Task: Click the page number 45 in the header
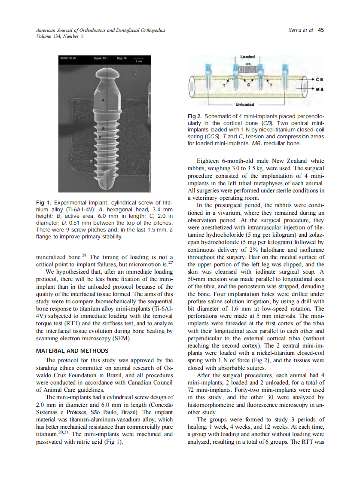click(x=320, y=30)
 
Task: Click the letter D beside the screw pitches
click(x=91, y=161)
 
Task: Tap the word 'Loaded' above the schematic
click(x=247, y=57)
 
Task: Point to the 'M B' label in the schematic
click(x=319, y=88)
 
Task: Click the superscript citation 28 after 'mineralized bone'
click(x=86, y=256)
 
